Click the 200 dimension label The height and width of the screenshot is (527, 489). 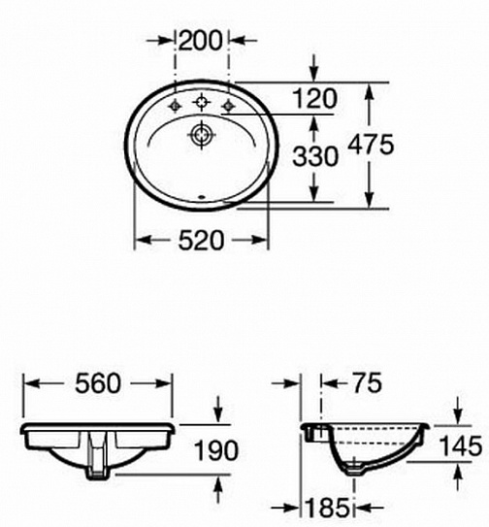coord(201,41)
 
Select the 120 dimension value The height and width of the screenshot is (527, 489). coord(314,98)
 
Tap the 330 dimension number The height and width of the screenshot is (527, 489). coord(315,156)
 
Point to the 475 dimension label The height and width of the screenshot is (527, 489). coord(371,145)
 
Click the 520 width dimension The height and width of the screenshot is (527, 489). coord(201,240)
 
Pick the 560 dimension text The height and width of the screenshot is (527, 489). coord(97,383)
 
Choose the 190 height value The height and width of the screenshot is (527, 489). coord(216,450)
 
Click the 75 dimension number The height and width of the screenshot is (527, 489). coord(367,382)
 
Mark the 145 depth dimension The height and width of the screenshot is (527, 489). coord(461,446)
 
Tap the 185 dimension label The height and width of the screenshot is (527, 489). coord(327,508)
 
